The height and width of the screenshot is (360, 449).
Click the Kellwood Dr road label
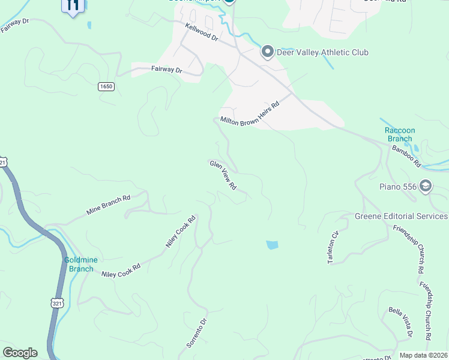tap(202, 31)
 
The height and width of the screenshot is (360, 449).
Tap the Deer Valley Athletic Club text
tap(322, 53)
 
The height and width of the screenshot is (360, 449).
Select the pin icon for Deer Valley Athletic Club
tap(268, 52)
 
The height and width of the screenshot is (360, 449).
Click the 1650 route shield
tap(106, 86)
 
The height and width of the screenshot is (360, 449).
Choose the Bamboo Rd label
tap(406, 156)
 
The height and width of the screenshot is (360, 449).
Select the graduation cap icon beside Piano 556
tap(426, 185)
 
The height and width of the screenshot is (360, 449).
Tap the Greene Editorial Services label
tap(402, 216)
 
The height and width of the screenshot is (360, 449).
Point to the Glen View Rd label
tap(223, 175)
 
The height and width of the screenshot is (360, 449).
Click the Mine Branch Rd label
tap(109, 205)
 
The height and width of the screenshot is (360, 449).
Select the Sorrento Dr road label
tap(197, 333)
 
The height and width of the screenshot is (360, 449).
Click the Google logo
tap(20, 353)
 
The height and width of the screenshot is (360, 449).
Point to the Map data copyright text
tap(423, 355)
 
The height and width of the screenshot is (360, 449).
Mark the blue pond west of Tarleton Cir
tap(272, 245)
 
